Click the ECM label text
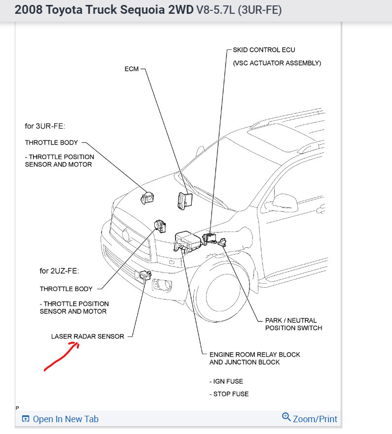click(132, 69)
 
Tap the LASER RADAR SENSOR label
click(88, 336)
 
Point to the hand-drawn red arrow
click(62, 355)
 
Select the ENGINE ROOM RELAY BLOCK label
click(254, 355)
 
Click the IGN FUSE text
click(226, 381)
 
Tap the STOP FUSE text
click(229, 394)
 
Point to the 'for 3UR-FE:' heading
click(45, 126)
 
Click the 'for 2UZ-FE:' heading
click(59, 271)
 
